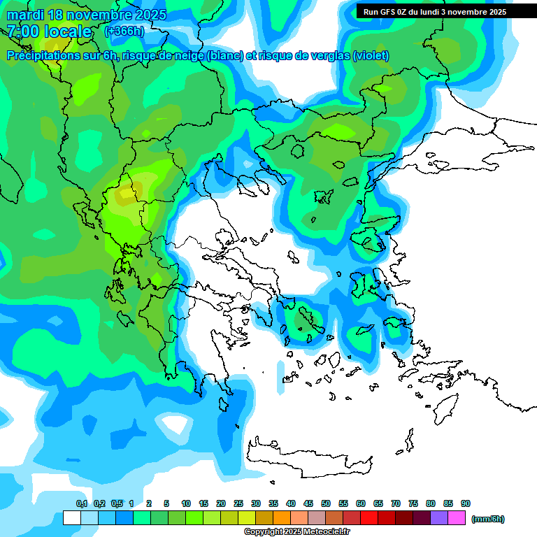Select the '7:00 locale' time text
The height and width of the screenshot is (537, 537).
pyautogui.click(x=49, y=31)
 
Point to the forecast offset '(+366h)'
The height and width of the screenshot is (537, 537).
pyautogui.click(x=124, y=31)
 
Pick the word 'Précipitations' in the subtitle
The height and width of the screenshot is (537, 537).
pyautogui.click(x=45, y=56)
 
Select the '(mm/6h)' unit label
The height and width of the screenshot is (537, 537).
pyautogui.click(x=487, y=519)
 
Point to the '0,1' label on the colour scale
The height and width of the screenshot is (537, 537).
pyautogui.click(x=82, y=503)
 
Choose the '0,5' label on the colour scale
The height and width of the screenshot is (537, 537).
pyautogui.click(x=117, y=503)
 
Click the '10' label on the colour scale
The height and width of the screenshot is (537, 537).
pyautogui.click(x=186, y=503)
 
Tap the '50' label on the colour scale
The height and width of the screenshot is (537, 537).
pyautogui.click(x=326, y=503)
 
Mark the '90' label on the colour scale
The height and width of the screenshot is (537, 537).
pyautogui.click(x=465, y=503)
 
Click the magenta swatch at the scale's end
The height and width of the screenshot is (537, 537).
pyautogui.click(x=457, y=518)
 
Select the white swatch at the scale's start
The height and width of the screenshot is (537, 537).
pyautogui.click(x=71, y=518)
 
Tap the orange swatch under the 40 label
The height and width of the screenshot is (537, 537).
pyautogui.click(x=282, y=518)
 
